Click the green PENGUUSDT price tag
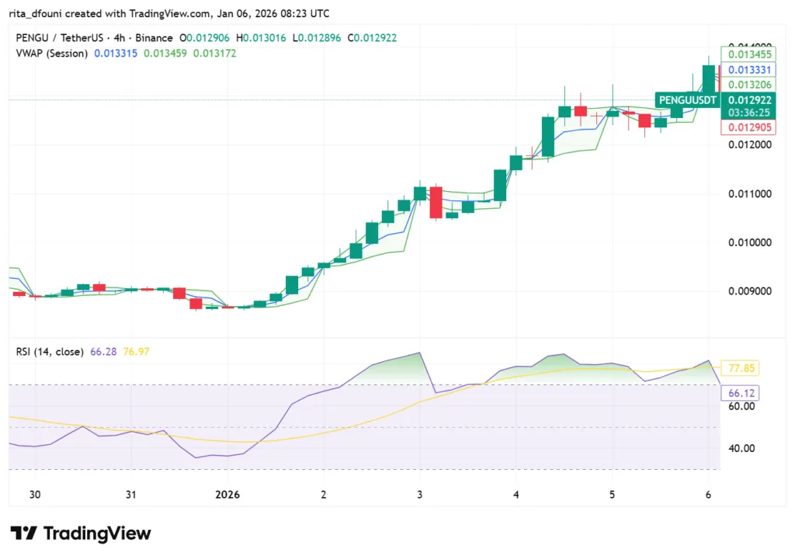pyautogui.click(x=687, y=100)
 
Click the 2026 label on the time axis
pyautogui.click(x=228, y=495)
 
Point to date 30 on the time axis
pyautogui.click(x=34, y=495)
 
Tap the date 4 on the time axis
pyautogui.click(x=516, y=495)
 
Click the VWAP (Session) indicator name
pyautogui.click(x=51, y=53)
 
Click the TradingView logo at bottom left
pyautogui.click(x=81, y=534)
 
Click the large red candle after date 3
pyautogui.click(x=436, y=202)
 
